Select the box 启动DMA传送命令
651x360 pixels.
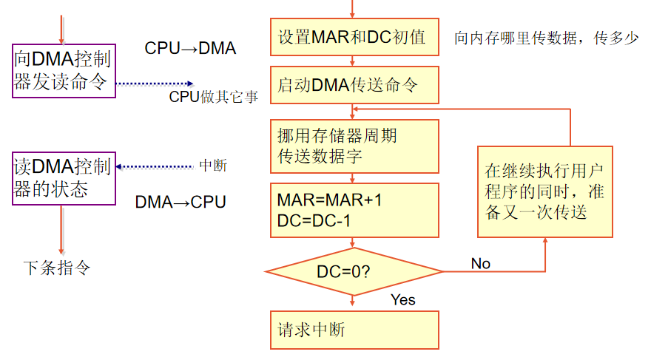tap(355, 84)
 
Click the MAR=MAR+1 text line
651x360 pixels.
tap(330, 200)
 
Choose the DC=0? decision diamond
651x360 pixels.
tap(355, 271)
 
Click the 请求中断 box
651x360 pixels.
tap(355, 330)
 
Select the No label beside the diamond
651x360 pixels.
tap(481, 263)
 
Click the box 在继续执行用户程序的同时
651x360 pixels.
tap(544, 191)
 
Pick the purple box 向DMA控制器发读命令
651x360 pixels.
tap(64, 70)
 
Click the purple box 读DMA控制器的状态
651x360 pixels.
tap(64, 177)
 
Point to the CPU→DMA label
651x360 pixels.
tap(190, 49)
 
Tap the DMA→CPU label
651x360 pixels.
tap(181, 202)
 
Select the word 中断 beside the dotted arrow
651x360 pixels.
tap(213, 166)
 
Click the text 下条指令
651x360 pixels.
tap(57, 267)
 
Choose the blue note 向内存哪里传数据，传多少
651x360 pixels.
tap(546, 38)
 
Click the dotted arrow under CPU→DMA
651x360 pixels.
tap(155, 84)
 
